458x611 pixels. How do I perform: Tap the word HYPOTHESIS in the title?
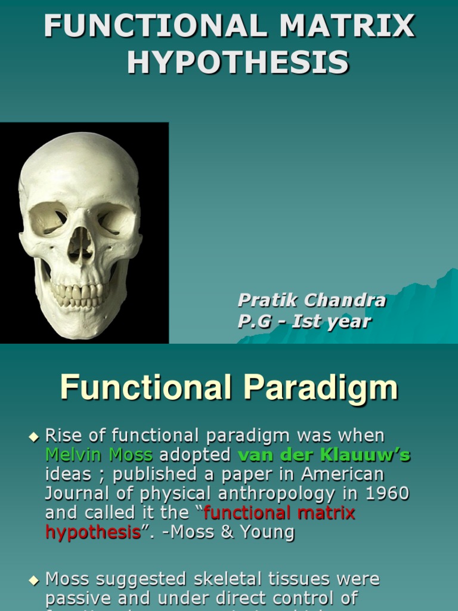237,63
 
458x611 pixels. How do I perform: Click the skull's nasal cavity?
80,244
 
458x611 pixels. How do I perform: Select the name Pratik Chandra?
311,300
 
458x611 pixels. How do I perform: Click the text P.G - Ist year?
304,322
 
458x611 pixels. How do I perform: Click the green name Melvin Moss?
99,455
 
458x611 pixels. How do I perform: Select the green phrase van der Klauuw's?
324,455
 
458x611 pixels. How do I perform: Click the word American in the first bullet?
342,474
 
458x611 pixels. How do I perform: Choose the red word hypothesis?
93,532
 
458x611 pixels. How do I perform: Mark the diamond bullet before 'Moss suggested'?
33,580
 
